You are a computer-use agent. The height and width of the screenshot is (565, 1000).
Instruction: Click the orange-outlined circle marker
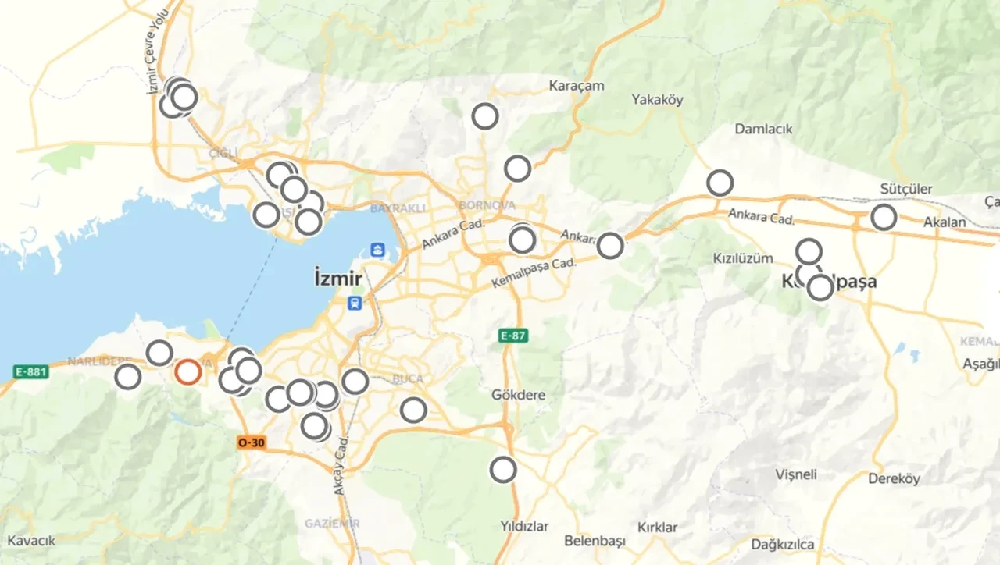click(187, 371)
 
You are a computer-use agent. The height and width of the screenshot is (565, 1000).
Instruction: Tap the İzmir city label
click(337, 278)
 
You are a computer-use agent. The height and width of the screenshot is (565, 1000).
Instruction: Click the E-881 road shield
click(31, 371)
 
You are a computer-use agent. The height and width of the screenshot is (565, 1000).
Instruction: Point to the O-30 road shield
click(252, 442)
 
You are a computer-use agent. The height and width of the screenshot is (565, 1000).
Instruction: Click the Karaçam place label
click(577, 85)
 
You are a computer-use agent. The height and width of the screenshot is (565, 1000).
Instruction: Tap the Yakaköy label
click(657, 99)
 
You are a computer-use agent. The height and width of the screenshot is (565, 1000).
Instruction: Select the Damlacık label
click(763, 129)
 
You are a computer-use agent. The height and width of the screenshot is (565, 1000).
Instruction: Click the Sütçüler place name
click(906, 190)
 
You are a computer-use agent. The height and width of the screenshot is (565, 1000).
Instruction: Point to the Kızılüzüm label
click(743, 258)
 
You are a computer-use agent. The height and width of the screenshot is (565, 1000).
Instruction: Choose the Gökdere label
click(518, 395)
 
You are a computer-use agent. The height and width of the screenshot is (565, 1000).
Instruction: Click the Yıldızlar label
click(523, 526)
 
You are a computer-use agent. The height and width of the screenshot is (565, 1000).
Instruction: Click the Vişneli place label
click(796, 474)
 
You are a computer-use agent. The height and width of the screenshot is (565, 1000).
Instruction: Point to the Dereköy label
click(894, 478)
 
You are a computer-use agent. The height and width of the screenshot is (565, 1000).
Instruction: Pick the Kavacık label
click(31, 541)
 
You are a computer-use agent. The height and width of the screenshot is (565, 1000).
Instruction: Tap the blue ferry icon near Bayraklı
click(378, 251)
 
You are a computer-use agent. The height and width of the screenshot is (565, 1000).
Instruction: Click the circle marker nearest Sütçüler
click(884, 217)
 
